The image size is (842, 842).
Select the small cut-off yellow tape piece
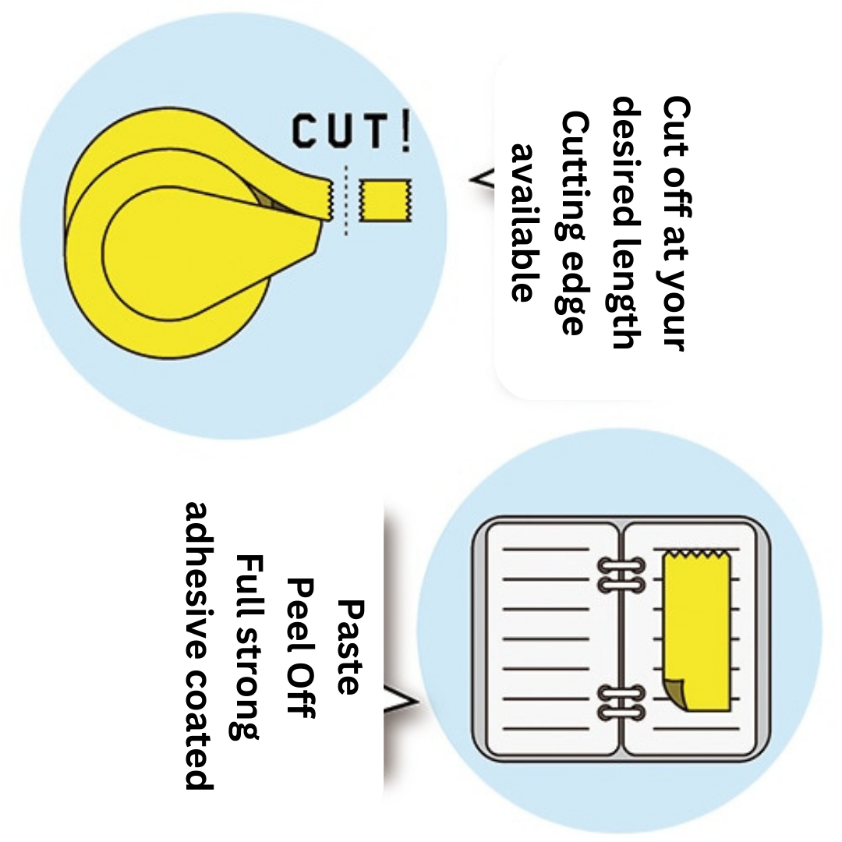tap(384, 200)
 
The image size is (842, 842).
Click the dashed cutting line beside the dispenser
tap(345, 201)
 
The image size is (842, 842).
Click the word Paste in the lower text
tap(348, 646)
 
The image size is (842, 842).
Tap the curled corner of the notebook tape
tap(674, 693)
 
